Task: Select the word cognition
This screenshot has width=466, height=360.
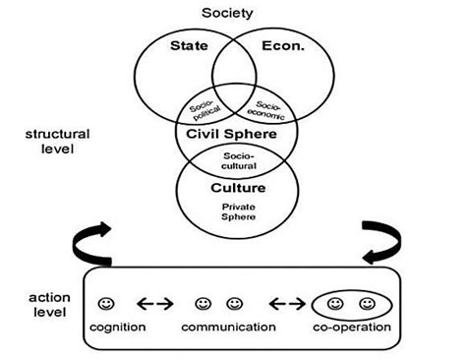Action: point(118,327)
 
